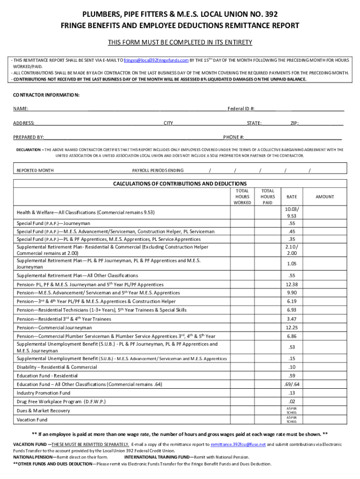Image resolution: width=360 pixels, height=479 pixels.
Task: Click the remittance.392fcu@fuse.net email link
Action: pyautogui.click(x=238, y=444)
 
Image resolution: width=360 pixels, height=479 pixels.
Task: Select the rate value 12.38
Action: pyautogui.click(x=292, y=284)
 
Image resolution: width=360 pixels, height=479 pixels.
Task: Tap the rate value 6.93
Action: pyautogui.click(x=292, y=310)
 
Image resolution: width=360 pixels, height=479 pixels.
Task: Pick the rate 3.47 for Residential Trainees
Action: pyautogui.click(x=292, y=319)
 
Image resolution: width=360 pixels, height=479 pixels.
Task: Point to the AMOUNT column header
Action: pyautogui.click(x=324, y=197)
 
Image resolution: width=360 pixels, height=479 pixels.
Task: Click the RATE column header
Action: pyautogui.click(x=292, y=197)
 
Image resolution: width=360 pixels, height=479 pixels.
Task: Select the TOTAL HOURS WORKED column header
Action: pyautogui.click(x=242, y=197)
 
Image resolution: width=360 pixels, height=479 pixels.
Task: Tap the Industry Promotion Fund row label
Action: pyautogui.click(x=43, y=393)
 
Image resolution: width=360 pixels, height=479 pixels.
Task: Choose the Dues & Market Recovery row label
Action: pyautogui.click(x=43, y=411)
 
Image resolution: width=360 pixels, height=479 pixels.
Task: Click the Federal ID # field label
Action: pyautogui.click(x=241, y=109)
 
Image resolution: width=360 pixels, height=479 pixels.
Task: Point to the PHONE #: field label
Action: pyautogui.click(x=233, y=137)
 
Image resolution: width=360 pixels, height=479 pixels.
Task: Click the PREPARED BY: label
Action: pyautogui.click(x=29, y=137)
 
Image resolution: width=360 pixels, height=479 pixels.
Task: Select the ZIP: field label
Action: pyautogui.click(x=295, y=123)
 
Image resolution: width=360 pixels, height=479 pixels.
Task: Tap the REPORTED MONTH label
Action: pyautogui.click(x=35, y=170)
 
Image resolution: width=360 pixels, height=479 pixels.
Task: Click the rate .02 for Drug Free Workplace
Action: pyautogui.click(x=292, y=402)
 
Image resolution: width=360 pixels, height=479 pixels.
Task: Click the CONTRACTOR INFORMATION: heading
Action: pyautogui.click(x=46, y=95)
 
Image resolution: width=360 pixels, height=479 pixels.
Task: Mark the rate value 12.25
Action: pyautogui.click(x=292, y=328)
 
